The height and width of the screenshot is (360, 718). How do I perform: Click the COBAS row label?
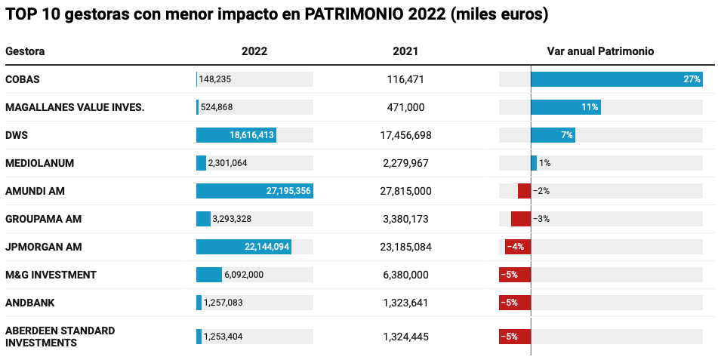(x=23, y=79)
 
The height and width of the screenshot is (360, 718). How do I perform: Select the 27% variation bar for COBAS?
(x=616, y=79)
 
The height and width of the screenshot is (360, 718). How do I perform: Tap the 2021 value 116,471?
(x=405, y=79)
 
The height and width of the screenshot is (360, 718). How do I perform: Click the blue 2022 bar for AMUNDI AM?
(x=254, y=191)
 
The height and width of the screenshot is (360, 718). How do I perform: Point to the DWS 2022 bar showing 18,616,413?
(x=236, y=135)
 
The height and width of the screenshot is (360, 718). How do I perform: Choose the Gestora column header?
(x=25, y=51)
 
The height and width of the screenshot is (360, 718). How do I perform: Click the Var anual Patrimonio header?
(x=600, y=51)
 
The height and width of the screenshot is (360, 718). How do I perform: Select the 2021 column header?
(x=405, y=51)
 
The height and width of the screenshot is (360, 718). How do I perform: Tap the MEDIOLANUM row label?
(x=39, y=163)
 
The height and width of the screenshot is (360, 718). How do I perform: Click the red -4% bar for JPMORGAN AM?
(x=518, y=247)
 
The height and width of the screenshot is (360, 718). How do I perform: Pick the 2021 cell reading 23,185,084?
(x=405, y=247)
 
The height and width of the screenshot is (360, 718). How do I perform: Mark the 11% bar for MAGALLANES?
(x=565, y=107)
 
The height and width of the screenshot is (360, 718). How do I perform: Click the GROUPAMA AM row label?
(x=43, y=219)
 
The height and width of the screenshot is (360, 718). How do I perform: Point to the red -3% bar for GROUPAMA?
(x=521, y=219)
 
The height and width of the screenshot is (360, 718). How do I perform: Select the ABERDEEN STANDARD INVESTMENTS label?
(x=60, y=337)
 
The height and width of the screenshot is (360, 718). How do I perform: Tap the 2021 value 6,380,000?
(x=405, y=275)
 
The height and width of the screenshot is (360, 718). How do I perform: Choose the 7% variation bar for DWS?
(x=553, y=135)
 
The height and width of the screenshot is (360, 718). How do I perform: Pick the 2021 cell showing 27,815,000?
(x=405, y=191)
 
